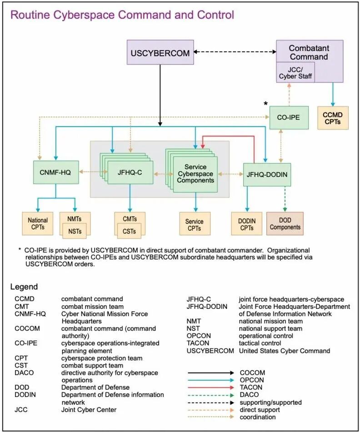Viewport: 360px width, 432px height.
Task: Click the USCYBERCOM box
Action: [x=160, y=53]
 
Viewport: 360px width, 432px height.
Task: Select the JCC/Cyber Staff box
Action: [x=295, y=72]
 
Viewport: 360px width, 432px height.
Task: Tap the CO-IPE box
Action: [x=288, y=117]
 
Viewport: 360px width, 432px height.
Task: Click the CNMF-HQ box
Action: [x=56, y=172]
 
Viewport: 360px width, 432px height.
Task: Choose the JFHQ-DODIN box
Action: [x=267, y=174]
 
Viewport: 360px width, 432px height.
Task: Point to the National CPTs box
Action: [x=38, y=223]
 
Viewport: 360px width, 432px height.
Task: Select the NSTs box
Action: [x=75, y=231]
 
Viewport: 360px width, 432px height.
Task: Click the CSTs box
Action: [x=130, y=231]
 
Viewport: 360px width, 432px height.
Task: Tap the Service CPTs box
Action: [x=195, y=224]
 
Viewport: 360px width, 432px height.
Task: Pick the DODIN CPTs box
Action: [x=247, y=223]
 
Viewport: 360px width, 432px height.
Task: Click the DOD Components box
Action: [x=285, y=223]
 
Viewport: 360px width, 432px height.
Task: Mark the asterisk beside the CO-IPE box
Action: [x=266, y=104]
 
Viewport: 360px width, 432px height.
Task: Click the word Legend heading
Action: [x=24, y=287]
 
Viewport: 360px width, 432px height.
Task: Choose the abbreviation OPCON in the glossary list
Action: [x=198, y=336]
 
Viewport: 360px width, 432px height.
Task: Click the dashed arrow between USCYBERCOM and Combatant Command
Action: [x=235, y=52]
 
